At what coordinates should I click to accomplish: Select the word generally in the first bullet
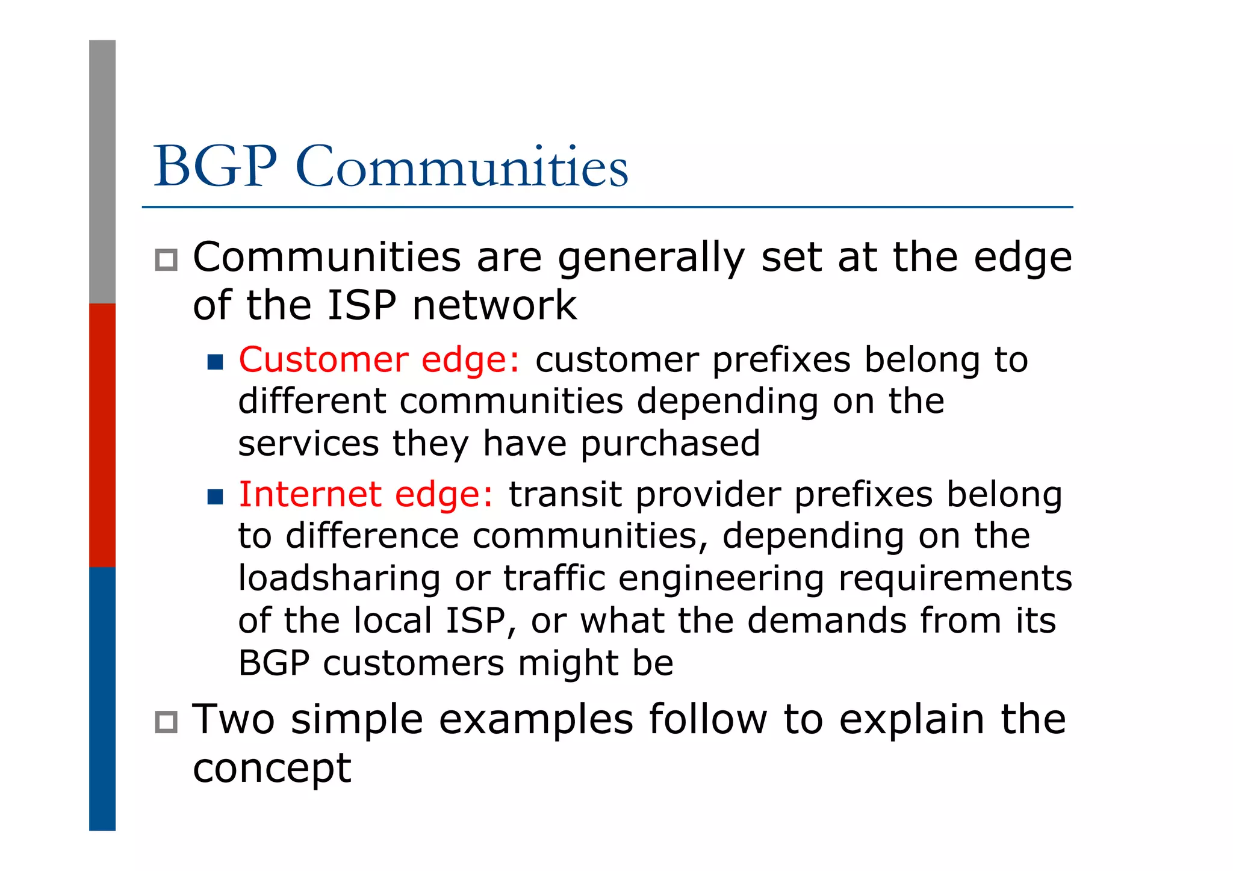pos(651,259)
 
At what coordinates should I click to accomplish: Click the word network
pos(494,305)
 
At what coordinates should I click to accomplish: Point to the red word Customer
pos(323,360)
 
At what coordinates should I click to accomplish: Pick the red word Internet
pos(309,495)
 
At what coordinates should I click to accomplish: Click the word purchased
pos(670,444)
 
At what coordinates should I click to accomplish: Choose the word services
pos(308,444)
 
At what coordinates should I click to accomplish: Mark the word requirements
pos(955,579)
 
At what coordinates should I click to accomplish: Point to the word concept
pos(272,769)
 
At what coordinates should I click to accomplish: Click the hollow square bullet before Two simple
pos(166,722)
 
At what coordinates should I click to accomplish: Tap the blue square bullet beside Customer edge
pos(215,362)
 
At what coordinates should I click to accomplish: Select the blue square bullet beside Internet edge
pos(215,497)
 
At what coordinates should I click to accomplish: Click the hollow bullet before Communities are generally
pos(166,260)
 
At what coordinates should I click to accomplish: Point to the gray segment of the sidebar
pos(102,172)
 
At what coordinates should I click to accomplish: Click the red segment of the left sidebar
pos(102,435)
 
